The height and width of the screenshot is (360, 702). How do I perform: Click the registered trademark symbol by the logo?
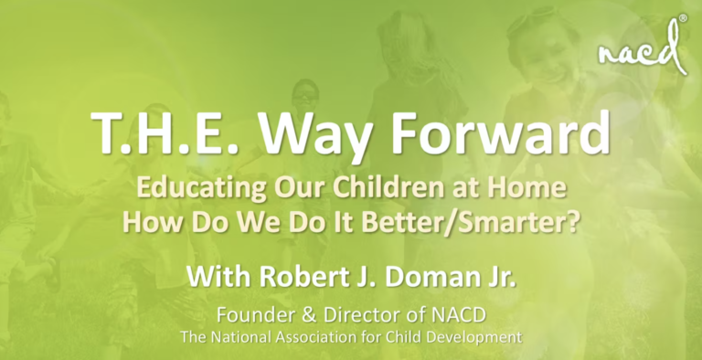(682, 19)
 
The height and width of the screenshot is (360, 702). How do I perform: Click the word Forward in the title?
(500, 139)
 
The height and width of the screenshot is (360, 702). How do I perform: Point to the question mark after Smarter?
(575, 221)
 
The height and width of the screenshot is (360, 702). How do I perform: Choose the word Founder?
(250, 316)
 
